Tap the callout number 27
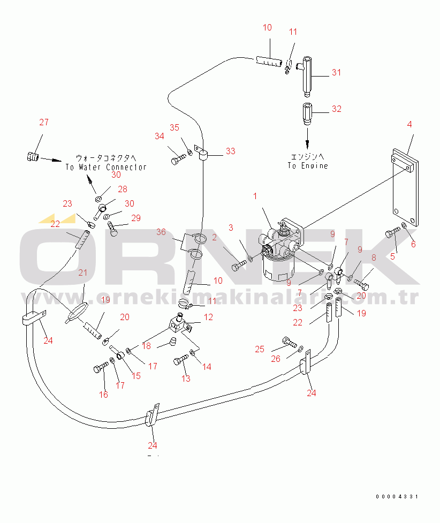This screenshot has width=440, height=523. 44,123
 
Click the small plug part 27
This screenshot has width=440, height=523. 33,157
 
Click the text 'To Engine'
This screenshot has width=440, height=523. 307,166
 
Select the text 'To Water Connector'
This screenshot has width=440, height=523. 106,167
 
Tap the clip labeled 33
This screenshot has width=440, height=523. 203,155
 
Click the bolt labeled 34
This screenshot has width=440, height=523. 179,160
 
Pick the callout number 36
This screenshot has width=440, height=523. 161,232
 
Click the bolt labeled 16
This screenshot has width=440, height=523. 101,368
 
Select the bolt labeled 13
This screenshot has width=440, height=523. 180,361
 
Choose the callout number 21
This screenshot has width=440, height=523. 82,273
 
